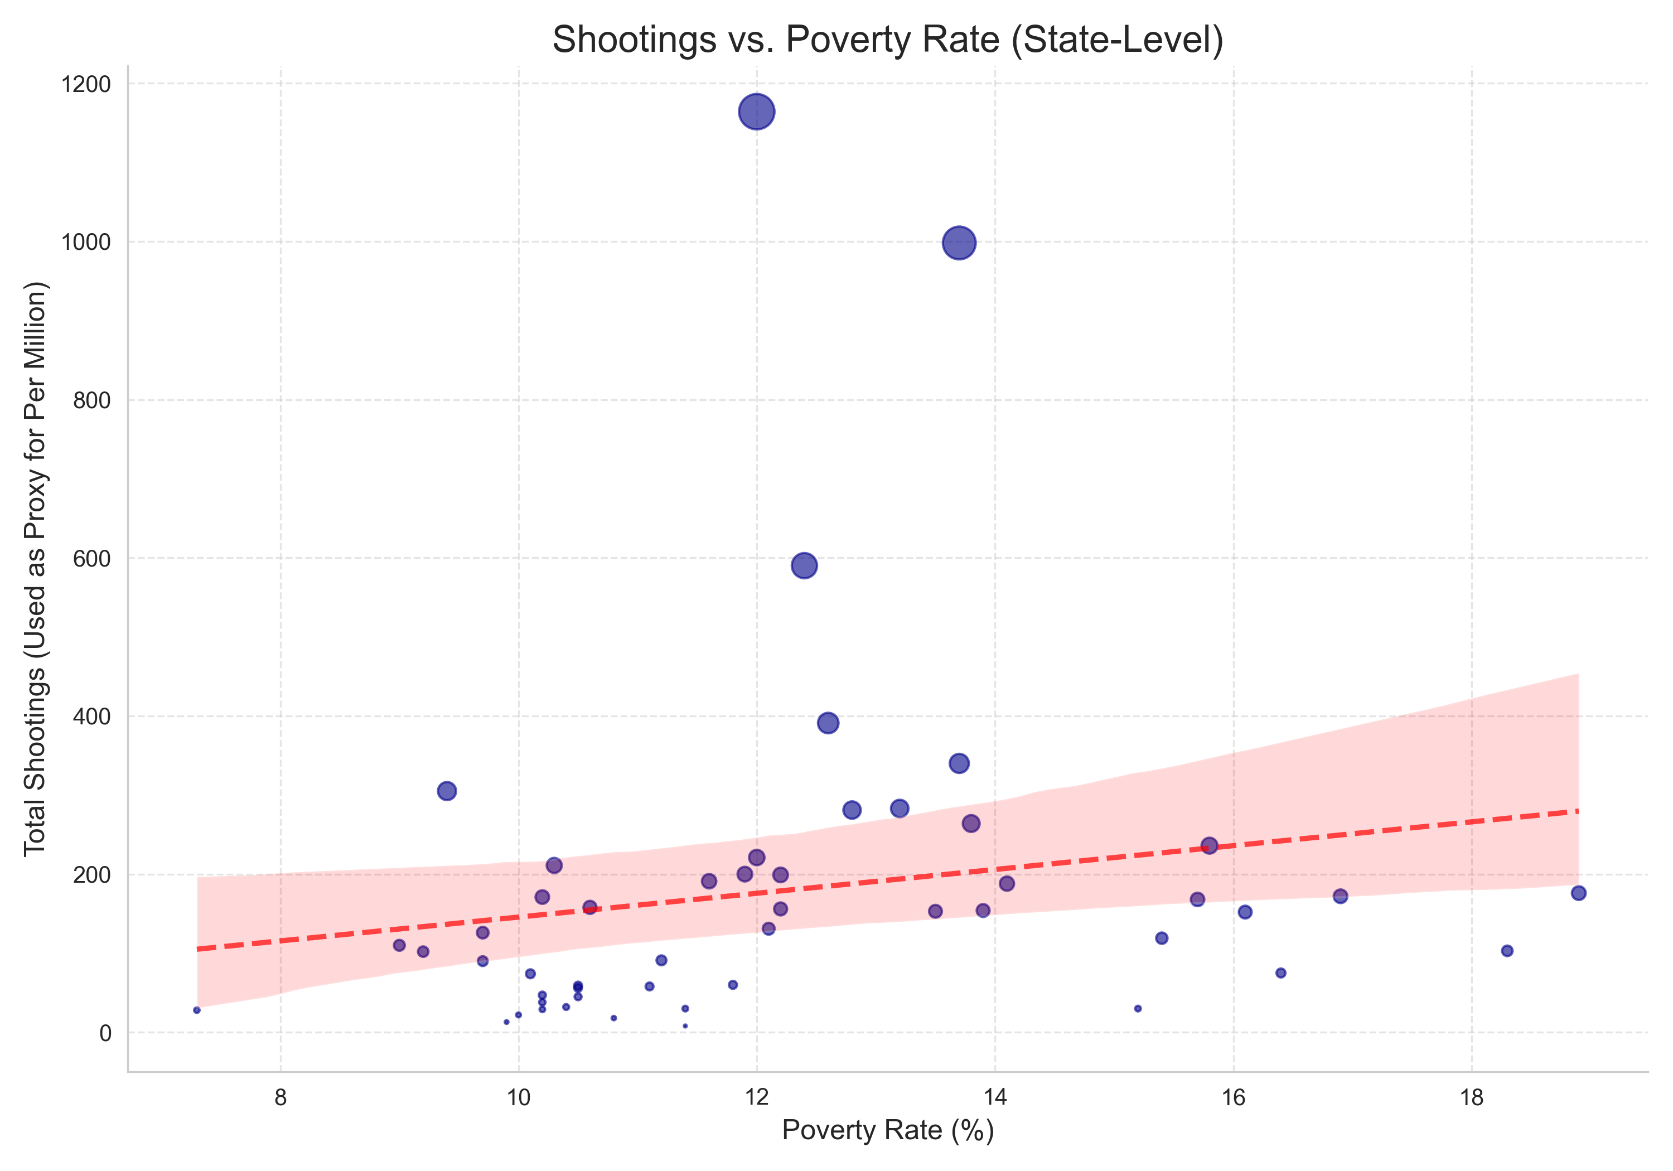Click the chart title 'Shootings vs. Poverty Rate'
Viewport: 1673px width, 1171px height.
[x=887, y=40]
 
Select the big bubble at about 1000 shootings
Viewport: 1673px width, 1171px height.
[x=959, y=243]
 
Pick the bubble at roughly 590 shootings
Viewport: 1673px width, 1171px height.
[x=804, y=565]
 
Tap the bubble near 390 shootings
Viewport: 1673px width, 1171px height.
[x=828, y=723]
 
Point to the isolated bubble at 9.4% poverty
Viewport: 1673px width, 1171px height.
[x=447, y=791]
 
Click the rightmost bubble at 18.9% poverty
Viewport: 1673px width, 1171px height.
[x=1578, y=893]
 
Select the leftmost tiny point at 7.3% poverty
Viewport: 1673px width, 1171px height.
[x=197, y=1010]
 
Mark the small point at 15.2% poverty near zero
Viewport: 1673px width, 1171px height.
[x=1138, y=1009]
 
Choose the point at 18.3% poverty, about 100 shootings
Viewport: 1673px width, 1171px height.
[x=1507, y=950]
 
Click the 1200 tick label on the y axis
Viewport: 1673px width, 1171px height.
[x=86, y=85]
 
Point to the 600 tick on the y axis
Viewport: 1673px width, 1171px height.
[x=92, y=558]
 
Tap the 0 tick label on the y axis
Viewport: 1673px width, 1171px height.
[x=105, y=1033]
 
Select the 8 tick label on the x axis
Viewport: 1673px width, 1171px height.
[x=281, y=1097]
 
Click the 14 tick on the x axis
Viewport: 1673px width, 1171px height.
[x=995, y=1097]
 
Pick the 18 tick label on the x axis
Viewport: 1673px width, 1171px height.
[x=1471, y=1097]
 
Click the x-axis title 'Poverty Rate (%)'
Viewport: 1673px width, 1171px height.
[x=887, y=1130]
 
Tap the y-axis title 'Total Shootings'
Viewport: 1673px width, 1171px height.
[x=35, y=568]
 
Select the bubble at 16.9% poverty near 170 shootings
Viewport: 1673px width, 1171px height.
[x=1340, y=896]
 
